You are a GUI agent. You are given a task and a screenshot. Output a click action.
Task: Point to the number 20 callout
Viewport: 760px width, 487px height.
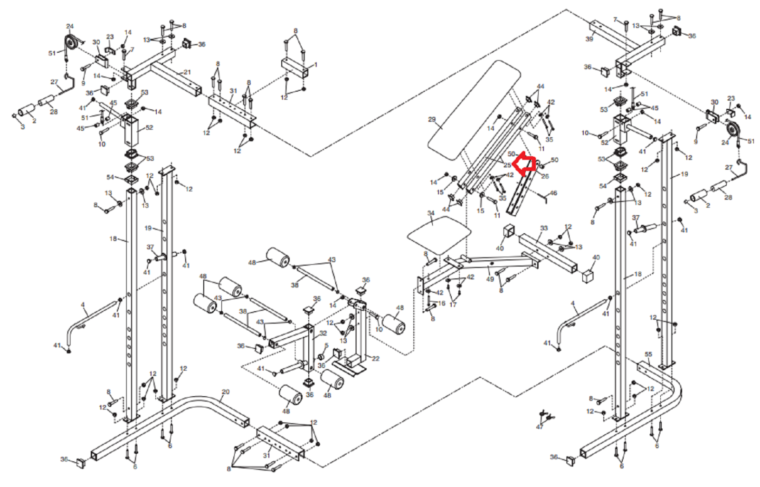(x=225, y=392)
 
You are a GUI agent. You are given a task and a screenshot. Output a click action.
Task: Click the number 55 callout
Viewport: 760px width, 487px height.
(x=648, y=354)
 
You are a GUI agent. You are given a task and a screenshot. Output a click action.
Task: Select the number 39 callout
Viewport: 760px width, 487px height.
(x=589, y=39)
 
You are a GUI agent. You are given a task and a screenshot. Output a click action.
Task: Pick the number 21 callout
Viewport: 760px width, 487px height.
(x=187, y=72)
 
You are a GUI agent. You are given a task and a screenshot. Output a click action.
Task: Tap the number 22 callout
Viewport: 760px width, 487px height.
(x=375, y=358)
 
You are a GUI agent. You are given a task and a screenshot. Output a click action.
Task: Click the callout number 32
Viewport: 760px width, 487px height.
(x=323, y=334)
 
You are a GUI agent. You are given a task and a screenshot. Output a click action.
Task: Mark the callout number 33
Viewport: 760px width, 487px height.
(x=544, y=228)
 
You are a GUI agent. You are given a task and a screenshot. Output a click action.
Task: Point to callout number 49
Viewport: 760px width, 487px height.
(x=490, y=279)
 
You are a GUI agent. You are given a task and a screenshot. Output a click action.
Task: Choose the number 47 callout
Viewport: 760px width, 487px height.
(x=540, y=427)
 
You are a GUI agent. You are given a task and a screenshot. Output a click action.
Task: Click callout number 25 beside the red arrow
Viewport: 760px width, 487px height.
(x=507, y=165)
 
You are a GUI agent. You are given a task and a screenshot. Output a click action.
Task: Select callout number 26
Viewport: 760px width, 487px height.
(x=545, y=176)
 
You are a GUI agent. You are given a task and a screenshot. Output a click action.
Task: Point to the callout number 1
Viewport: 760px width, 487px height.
(x=315, y=65)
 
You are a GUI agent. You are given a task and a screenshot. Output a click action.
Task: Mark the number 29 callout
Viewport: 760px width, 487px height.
(x=431, y=119)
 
